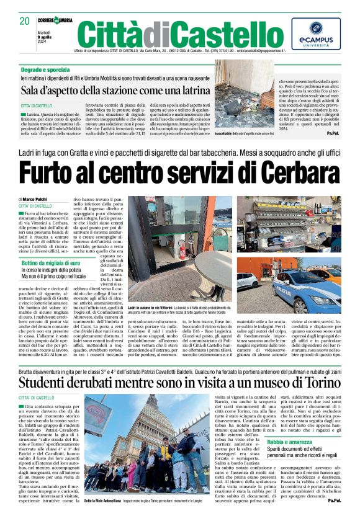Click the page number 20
tap(24, 21)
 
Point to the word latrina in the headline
tap(184, 91)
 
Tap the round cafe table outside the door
tap(208, 287)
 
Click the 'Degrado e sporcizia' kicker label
tap(44, 71)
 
